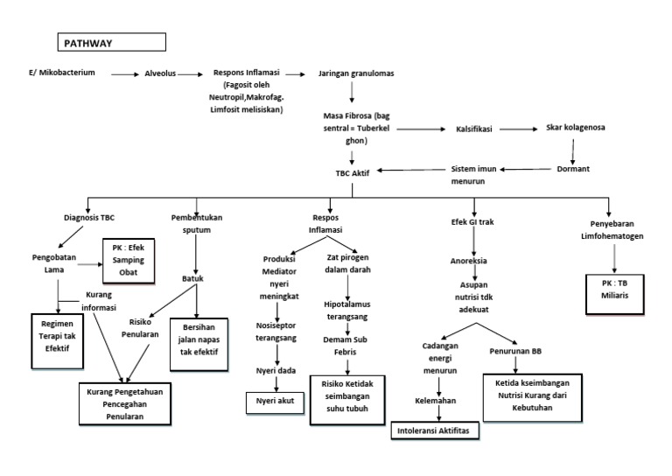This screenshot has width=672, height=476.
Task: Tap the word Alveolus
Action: (164, 74)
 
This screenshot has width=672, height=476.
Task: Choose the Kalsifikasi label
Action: (474, 129)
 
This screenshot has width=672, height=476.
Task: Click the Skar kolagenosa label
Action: (575, 128)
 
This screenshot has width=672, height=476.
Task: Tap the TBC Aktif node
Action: (353, 173)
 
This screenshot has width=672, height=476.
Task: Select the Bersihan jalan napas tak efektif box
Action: (199, 339)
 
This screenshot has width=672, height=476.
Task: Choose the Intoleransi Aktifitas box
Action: (433, 431)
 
